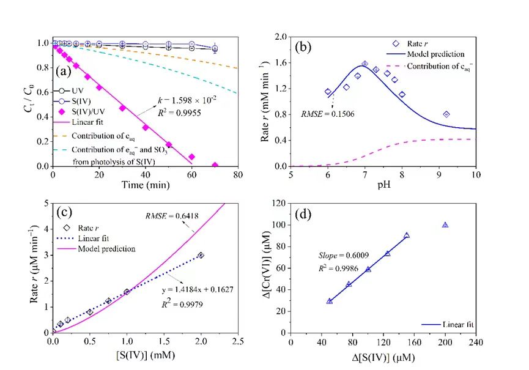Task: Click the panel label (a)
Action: click(64, 71)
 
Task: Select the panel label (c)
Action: click(65, 213)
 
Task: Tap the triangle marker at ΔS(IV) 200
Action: click(445, 225)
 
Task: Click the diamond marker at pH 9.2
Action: click(446, 114)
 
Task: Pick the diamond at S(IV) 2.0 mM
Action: click(201, 255)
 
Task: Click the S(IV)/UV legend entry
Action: click(86, 111)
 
